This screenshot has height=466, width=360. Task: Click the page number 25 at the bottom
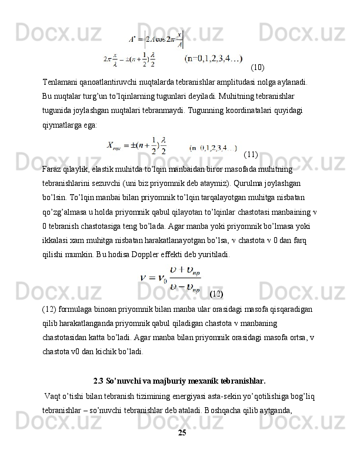182,432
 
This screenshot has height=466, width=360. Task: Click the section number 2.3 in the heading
99,379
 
